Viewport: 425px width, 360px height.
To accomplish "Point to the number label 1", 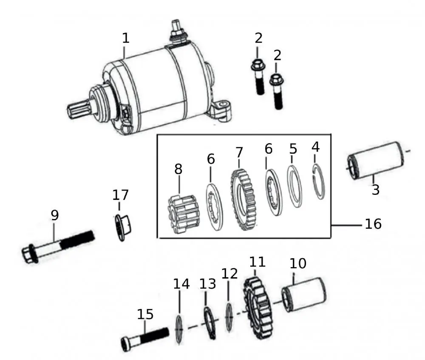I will (125, 38).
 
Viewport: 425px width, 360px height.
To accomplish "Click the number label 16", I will (373, 224).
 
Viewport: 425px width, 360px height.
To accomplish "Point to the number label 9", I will (54, 216).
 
